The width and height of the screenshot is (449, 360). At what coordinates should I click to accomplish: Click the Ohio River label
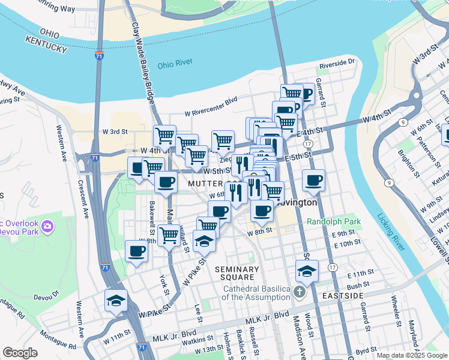(x=177, y=65)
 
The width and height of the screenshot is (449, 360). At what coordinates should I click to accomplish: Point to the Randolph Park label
(x=334, y=221)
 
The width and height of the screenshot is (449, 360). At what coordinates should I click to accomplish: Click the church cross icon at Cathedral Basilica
(x=300, y=292)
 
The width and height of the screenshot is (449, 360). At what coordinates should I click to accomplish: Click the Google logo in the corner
(x=20, y=353)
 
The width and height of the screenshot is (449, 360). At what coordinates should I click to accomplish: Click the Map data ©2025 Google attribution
(x=411, y=355)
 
